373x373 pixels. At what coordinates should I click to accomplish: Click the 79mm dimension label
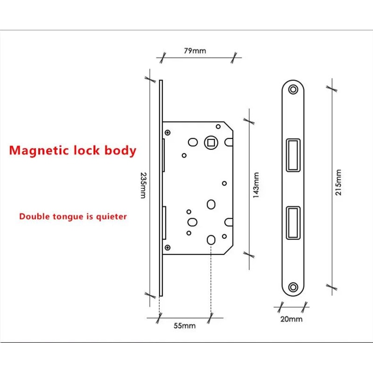click(x=195, y=50)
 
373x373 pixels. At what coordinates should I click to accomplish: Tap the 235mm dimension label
click(x=143, y=185)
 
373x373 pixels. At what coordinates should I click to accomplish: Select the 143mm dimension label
click(x=256, y=185)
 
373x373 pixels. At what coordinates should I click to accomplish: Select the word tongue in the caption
click(x=64, y=216)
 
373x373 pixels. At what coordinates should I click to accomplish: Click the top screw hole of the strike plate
click(x=293, y=89)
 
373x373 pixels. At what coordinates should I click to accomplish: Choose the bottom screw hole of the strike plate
click(x=293, y=286)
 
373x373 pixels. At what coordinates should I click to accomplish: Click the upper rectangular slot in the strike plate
click(x=293, y=154)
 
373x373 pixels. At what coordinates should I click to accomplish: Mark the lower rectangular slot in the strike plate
click(x=293, y=222)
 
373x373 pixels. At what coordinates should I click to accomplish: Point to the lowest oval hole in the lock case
click(x=210, y=240)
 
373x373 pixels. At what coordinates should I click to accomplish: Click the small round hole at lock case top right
click(x=218, y=125)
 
